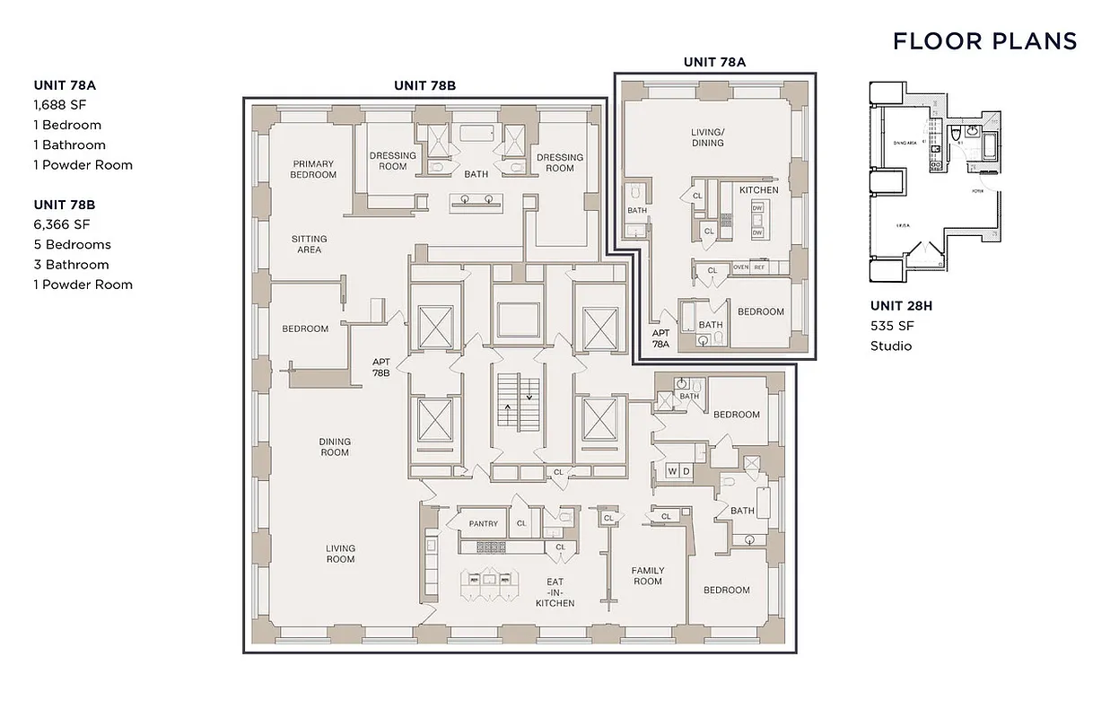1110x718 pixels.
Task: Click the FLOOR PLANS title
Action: tap(984, 41)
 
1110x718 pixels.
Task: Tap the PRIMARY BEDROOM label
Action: tap(313, 170)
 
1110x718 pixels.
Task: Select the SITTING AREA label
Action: tap(310, 244)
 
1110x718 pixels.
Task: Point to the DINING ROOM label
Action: tap(335, 447)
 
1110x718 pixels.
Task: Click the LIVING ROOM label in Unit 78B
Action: tap(340, 554)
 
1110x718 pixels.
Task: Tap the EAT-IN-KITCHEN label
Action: tap(555, 592)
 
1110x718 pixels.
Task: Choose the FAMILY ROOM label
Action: tap(648, 575)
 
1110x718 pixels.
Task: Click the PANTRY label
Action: tap(483, 523)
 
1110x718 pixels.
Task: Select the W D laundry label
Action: tap(678, 471)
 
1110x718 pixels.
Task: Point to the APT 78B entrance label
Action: tap(381, 366)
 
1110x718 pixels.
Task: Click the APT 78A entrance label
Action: tap(660, 338)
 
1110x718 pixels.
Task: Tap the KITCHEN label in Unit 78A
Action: tap(758, 190)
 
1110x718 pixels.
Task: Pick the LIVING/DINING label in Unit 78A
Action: tap(707, 137)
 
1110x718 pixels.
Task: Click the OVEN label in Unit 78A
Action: tap(741, 267)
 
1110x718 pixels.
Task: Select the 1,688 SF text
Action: tap(60, 105)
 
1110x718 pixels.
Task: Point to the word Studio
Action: tap(890, 346)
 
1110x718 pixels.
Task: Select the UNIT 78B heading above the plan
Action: tap(424, 85)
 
